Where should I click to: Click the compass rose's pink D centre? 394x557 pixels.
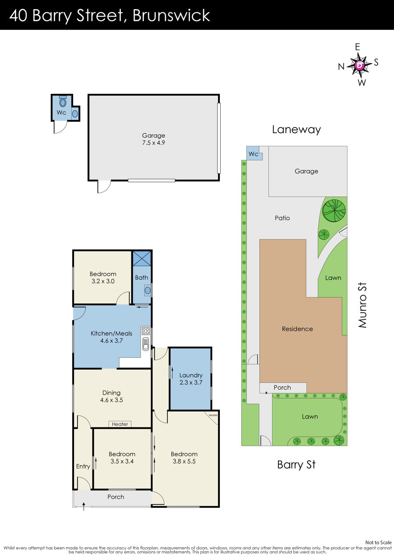coord(359,65)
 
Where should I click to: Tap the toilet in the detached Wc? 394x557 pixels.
coord(63,102)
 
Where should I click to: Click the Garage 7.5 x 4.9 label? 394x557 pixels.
coord(153,139)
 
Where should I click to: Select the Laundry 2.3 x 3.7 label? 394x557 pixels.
coord(191,379)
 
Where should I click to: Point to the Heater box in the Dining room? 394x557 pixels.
coord(120,424)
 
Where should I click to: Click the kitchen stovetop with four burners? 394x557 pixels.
coord(146,331)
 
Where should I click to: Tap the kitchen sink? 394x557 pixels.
coord(146,344)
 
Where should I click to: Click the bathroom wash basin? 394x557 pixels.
coord(148,290)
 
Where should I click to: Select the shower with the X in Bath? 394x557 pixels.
coord(142,258)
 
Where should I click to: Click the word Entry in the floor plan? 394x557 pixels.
coord(83,466)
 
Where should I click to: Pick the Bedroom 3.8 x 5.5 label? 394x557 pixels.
coord(184,458)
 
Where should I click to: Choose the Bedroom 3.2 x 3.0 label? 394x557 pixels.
coord(103,278)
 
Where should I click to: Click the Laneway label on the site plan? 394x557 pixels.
coord(296,130)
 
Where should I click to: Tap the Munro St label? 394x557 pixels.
coord(362,305)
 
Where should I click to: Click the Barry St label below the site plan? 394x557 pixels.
coord(296,465)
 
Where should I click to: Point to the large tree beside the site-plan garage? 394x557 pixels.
coord(334,211)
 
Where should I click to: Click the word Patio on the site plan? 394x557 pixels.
coord(282,218)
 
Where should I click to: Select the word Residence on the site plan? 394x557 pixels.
coord(297,329)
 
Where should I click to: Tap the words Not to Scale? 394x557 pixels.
coord(378,543)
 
